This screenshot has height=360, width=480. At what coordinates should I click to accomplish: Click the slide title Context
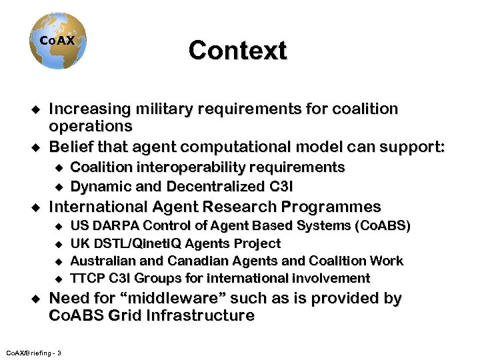[x=237, y=51]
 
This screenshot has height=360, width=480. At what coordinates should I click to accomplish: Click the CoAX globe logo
[x=57, y=43]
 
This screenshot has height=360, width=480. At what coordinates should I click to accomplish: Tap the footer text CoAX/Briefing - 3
[x=33, y=352]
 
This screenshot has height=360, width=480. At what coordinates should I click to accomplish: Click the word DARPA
[x=117, y=226]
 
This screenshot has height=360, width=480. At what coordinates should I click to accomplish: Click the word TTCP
[x=87, y=278]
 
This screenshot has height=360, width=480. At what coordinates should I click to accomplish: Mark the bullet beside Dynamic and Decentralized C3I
[x=59, y=187]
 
